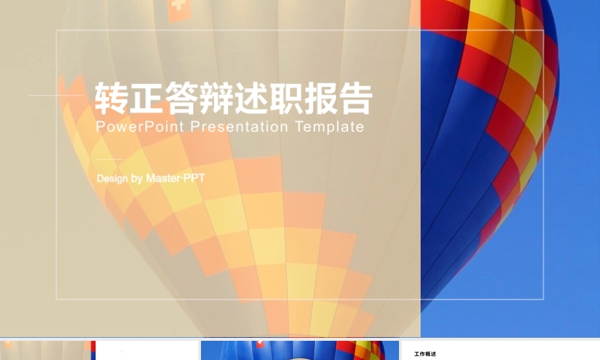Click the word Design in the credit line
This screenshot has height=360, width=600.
coord(112,178)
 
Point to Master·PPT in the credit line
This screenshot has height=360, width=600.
coord(175,178)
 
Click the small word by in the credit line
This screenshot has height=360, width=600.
coord(136,178)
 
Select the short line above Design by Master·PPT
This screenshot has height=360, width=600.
coord(109,159)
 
